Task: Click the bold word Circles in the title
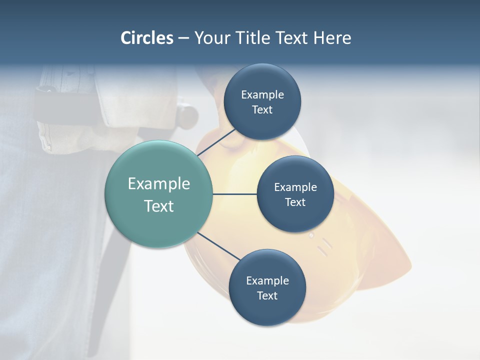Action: coord(147,37)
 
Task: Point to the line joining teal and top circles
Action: coord(216,142)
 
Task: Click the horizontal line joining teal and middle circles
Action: coord(234,194)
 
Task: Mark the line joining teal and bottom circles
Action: coord(218,246)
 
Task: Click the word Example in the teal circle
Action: coord(159,184)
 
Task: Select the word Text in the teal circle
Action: coord(159,206)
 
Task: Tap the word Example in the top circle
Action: coord(262,94)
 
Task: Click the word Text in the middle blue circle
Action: coord(295,202)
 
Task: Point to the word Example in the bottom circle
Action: coord(267,280)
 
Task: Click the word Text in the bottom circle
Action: coord(267,295)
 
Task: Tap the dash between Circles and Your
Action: coord(183,38)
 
